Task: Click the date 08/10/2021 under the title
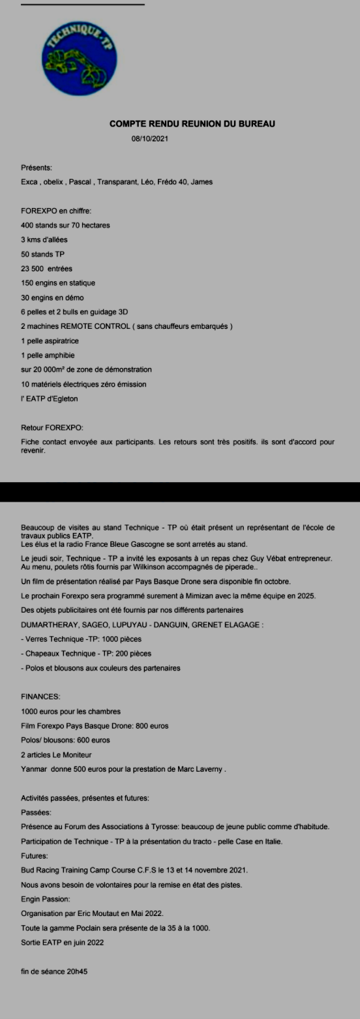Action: (x=150, y=139)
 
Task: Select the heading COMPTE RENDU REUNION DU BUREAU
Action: (x=192, y=124)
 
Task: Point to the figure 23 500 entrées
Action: (x=46, y=268)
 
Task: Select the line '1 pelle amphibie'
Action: (x=48, y=355)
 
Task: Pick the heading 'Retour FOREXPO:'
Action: (x=52, y=427)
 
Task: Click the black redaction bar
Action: (x=180, y=491)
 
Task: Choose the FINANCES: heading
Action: (x=43, y=697)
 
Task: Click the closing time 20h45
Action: (x=76, y=971)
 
